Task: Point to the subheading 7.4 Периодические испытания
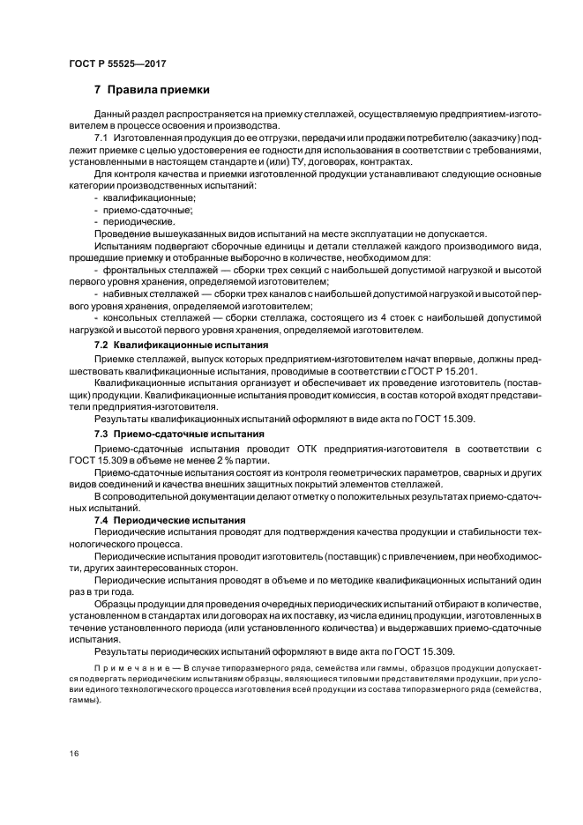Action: [x=170, y=522]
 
